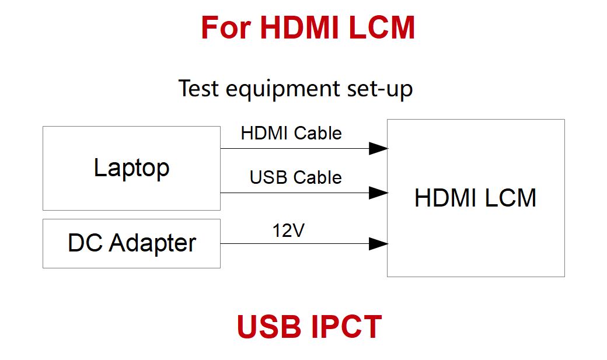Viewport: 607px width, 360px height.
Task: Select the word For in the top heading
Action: click(226, 27)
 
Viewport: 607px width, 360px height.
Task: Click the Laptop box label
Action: click(132, 168)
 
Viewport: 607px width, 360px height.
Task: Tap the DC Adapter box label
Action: click(132, 243)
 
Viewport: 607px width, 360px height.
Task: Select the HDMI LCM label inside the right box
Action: click(475, 198)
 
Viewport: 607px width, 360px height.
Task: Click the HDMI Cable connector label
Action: click(291, 133)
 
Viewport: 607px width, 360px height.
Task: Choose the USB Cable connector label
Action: click(296, 177)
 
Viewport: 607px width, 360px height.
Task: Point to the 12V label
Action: click(288, 230)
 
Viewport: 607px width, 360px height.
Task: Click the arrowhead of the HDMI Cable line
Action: click(378, 148)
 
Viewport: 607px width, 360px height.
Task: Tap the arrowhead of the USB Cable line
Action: click(378, 193)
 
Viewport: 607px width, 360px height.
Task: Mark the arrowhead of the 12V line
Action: click(378, 244)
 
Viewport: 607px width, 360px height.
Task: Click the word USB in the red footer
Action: click(270, 327)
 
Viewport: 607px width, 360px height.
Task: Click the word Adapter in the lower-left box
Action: click(152, 243)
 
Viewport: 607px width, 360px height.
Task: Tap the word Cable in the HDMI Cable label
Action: click(318, 133)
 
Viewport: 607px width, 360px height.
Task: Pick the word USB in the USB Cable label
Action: click(268, 177)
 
